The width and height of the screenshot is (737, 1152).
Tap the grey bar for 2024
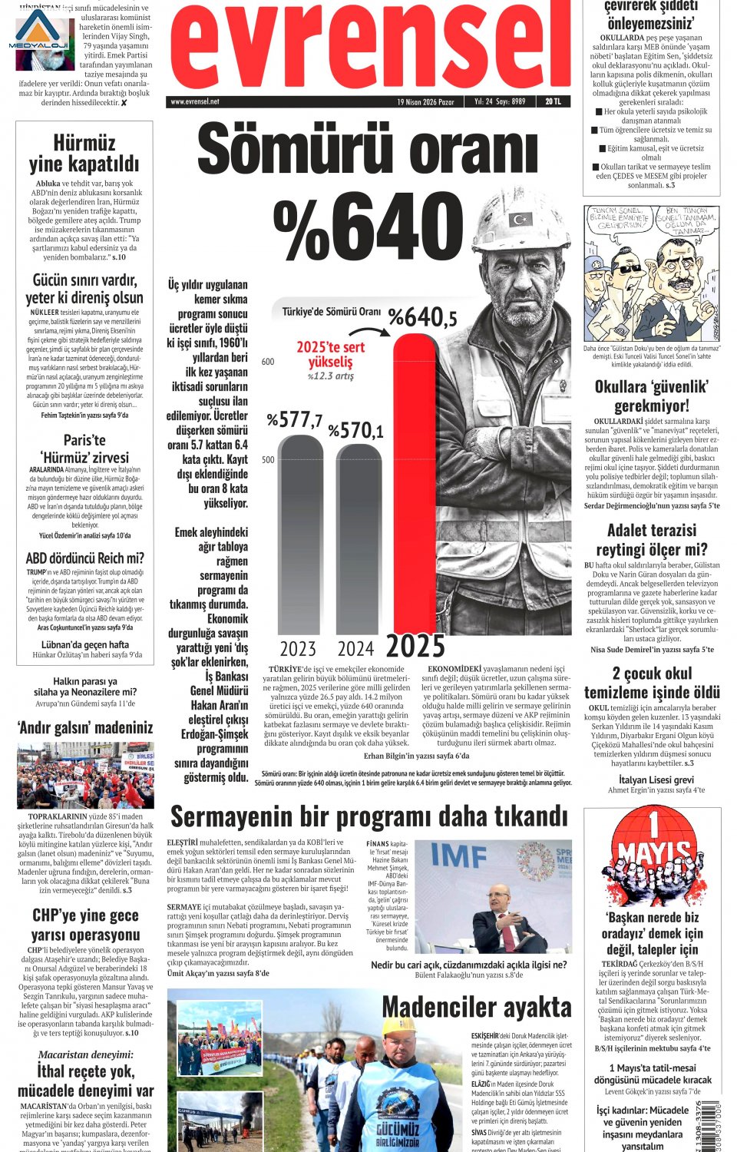pos(359,538)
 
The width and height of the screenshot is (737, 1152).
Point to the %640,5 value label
pos(422,316)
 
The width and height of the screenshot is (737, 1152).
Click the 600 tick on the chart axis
pos(268,362)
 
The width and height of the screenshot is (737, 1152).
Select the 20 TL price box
pos(553,101)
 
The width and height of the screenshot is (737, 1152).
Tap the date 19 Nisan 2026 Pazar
pos(425,101)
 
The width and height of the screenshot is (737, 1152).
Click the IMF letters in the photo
pos(458,856)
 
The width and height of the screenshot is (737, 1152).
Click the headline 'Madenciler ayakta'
pos(476,1007)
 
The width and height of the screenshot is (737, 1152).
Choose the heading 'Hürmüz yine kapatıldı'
pos(84,153)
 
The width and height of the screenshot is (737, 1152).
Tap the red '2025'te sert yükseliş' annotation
pos(330,354)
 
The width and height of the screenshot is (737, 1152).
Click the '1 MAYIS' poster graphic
pos(652,857)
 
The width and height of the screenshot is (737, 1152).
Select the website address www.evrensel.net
pos(195,101)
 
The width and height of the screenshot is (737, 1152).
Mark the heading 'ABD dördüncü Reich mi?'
pos(84,558)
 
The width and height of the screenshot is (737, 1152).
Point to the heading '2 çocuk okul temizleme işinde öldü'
pos(652,683)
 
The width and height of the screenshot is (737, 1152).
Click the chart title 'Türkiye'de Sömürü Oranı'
pos(331,311)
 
